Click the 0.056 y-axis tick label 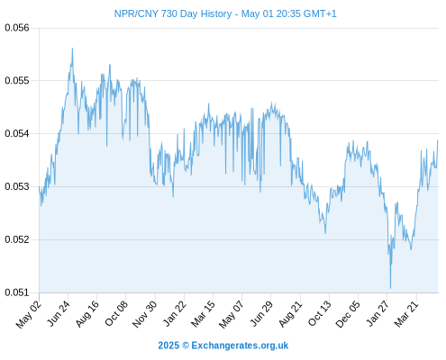(17, 28)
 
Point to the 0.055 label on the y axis (17, 80)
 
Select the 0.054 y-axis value (17, 133)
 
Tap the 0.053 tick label (17, 186)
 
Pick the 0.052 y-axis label (17, 239)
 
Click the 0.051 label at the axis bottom (17, 292)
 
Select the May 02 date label (28, 314)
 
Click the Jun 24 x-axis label (59, 313)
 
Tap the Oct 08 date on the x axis (116, 313)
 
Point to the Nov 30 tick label (145, 314)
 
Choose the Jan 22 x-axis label (175, 313)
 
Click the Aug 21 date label (290, 314)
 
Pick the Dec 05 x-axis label (348, 314)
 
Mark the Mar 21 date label (406, 314)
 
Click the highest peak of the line (72, 49)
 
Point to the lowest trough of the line (390, 288)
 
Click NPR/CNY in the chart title (136, 13)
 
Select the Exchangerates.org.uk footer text (240, 346)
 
